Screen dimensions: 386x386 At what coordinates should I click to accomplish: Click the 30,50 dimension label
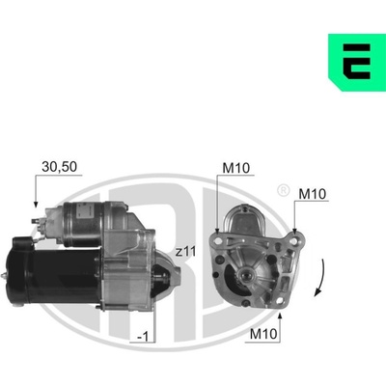tap(60, 167)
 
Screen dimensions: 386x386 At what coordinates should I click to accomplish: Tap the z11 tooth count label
tap(185, 251)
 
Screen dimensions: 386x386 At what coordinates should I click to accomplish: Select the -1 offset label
tap(143, 337)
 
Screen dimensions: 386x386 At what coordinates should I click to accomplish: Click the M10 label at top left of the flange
tap(236, 168)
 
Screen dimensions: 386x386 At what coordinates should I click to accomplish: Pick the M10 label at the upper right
tap(312, 194)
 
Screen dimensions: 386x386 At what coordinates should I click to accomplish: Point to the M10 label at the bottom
tap(263, 334)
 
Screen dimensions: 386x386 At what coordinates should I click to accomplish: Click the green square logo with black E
tap(357, 63)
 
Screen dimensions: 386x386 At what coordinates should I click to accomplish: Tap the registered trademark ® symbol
tap(283, 191)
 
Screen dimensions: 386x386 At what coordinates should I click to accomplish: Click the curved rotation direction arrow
tap(320, 278)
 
